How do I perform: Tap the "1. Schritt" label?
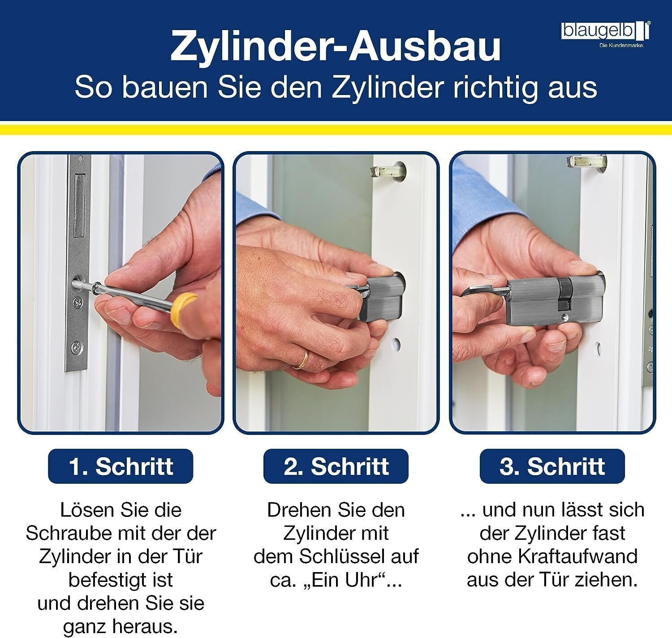tap(121, 466)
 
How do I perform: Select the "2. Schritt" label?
tap(336, 466)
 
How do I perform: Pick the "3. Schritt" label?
tap(552, 466)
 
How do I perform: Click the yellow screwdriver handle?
tap(185, 306)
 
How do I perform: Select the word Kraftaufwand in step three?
tap(577, 556)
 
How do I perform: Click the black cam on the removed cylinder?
tap(564, 294)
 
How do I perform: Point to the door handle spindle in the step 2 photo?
tap(387, 171)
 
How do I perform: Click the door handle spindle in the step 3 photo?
tap(586, 161)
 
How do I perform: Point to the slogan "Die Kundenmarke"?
tap(622, 45)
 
